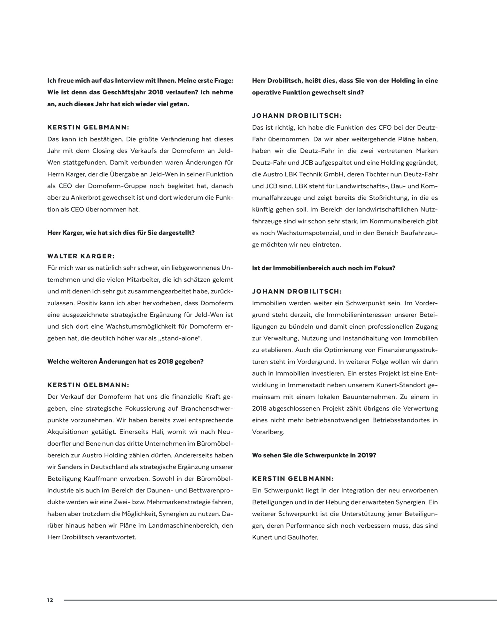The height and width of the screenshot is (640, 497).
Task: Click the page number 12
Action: [x=50, y=600]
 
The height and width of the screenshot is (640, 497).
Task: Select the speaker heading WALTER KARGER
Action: [x=81, y=256]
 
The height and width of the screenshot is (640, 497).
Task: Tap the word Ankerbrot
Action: [x=87, y=198]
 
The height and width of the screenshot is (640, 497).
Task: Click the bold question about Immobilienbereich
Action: [x=323, y=268]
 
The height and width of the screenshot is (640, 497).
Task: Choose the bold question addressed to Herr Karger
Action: [x=121, y=233]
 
